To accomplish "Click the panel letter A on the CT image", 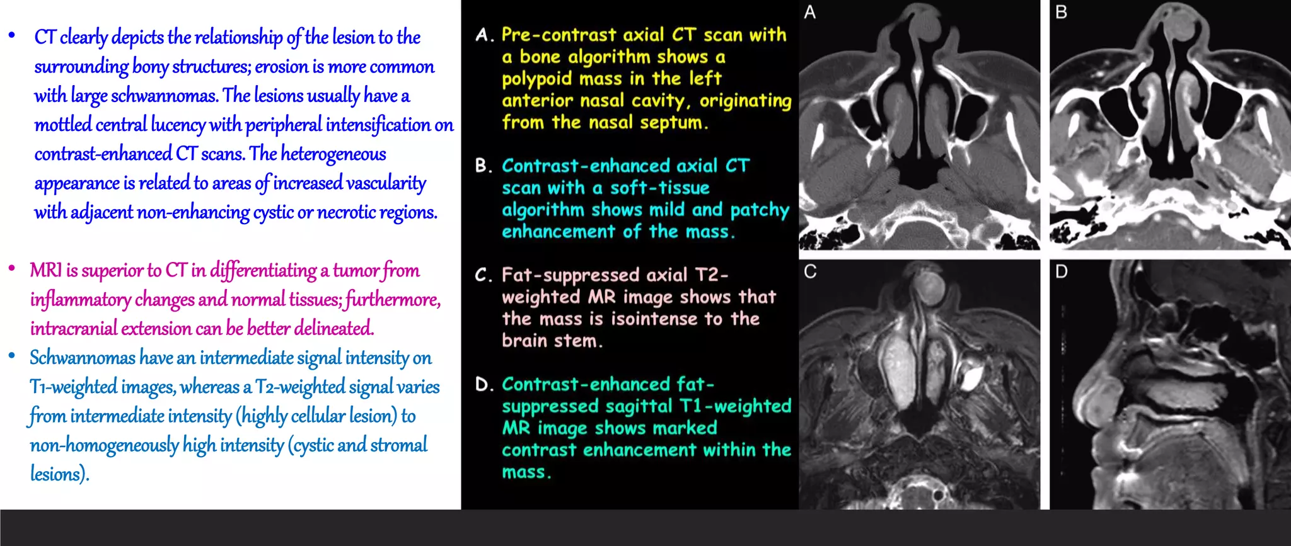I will pos(810,12).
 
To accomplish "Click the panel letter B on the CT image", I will pos(1062,12).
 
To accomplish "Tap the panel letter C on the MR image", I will pos(811,271).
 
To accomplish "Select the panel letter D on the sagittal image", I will pos(1062,271).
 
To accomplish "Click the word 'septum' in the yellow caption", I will pos(673,122).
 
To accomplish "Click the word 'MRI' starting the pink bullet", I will pos(45,271).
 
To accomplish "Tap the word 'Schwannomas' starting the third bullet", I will pos(82,358).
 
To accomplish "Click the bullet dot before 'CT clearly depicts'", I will pos(12,36).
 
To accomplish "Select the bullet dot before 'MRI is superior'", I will pos(12,269).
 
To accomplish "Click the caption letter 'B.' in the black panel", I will pos(483,166).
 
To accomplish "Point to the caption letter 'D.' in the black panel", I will pos(483,385).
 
